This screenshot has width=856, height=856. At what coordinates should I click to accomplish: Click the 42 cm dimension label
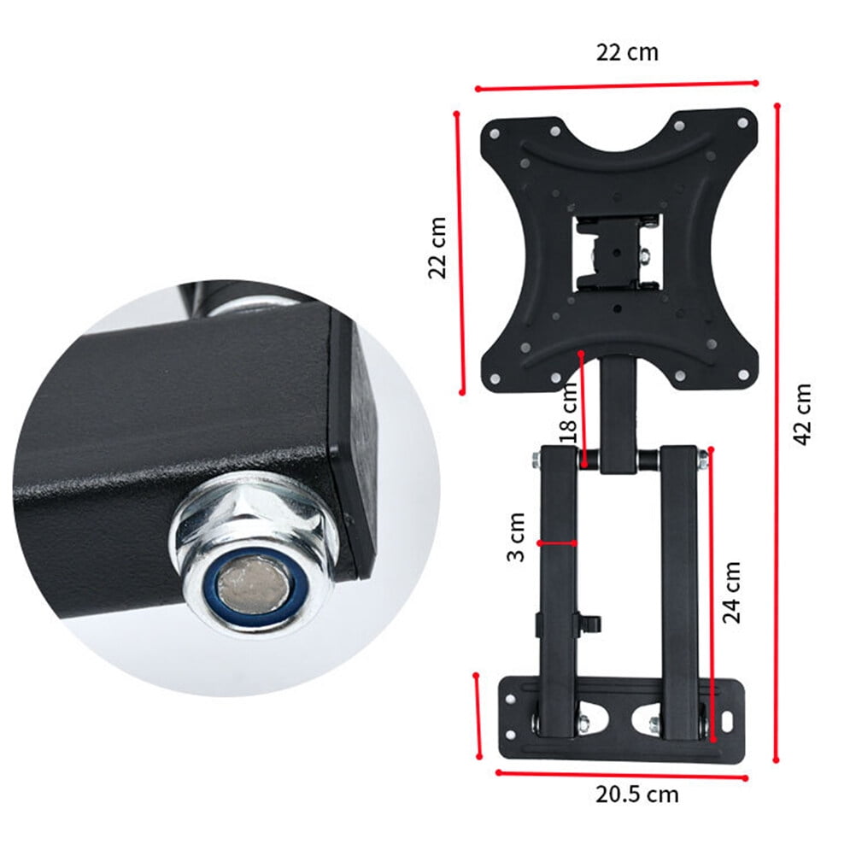click(801, 414)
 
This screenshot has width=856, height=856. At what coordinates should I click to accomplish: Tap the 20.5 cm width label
click(637, 794)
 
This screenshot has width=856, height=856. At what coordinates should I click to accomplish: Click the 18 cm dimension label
click(569, 411)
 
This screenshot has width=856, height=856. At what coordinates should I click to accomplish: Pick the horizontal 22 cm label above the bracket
click(627, 51)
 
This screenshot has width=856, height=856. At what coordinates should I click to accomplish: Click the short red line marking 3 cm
click(557, 542)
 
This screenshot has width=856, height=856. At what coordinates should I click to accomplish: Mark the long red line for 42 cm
click(777, 431)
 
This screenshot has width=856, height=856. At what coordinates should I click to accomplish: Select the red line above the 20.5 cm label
click(621, 775)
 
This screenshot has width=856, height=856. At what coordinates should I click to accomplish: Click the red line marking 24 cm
click(711, 589)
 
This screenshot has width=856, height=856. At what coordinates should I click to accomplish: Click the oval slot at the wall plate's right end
click(728, 721)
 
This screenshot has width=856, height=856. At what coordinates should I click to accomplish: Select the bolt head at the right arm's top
click(703, 459)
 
